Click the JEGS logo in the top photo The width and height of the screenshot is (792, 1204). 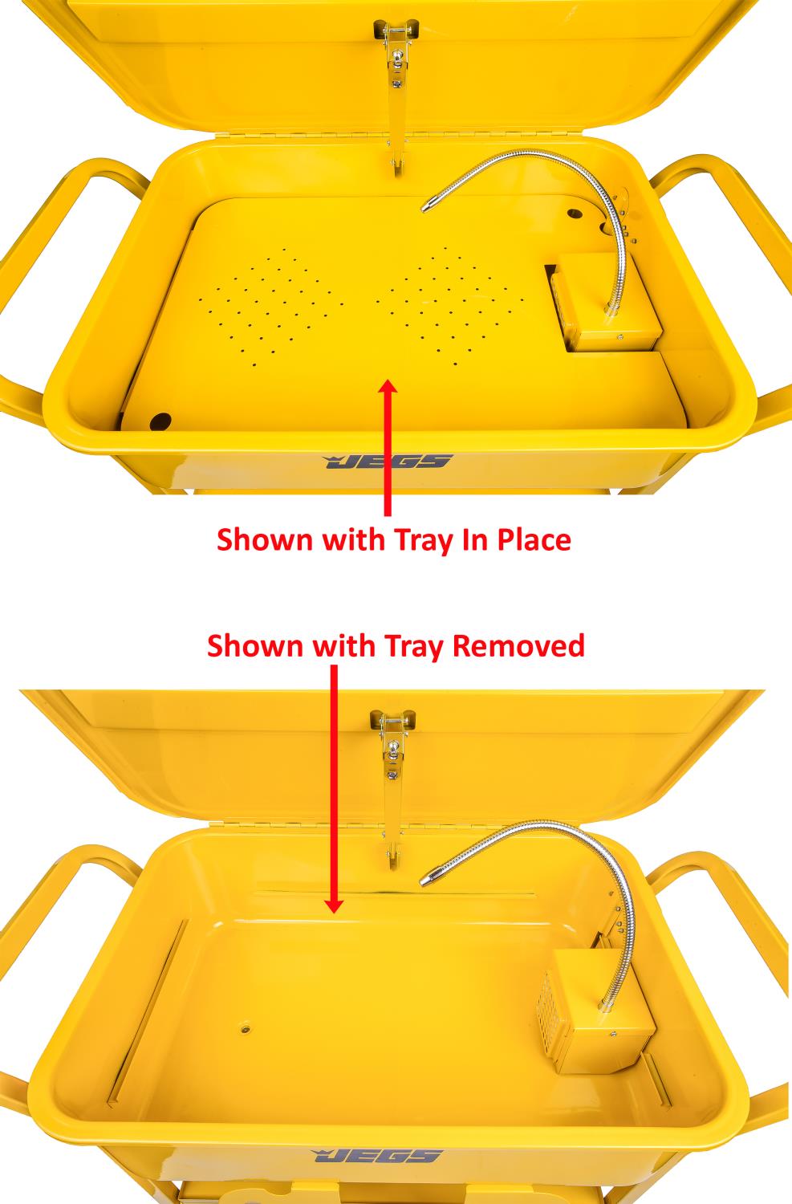click(x=388, y=462)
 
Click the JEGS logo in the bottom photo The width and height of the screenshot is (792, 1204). click(x=376, y=1156)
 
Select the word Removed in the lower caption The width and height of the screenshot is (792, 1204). click(x=518, y=645)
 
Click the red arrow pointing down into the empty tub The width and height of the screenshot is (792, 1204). click(x=334, y=787)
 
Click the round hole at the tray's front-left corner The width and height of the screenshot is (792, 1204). click(x=160, y=420)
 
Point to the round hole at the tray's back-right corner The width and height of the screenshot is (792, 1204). click(x=574, y=215)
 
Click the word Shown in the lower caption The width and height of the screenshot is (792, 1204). click(x=256, y=645)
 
